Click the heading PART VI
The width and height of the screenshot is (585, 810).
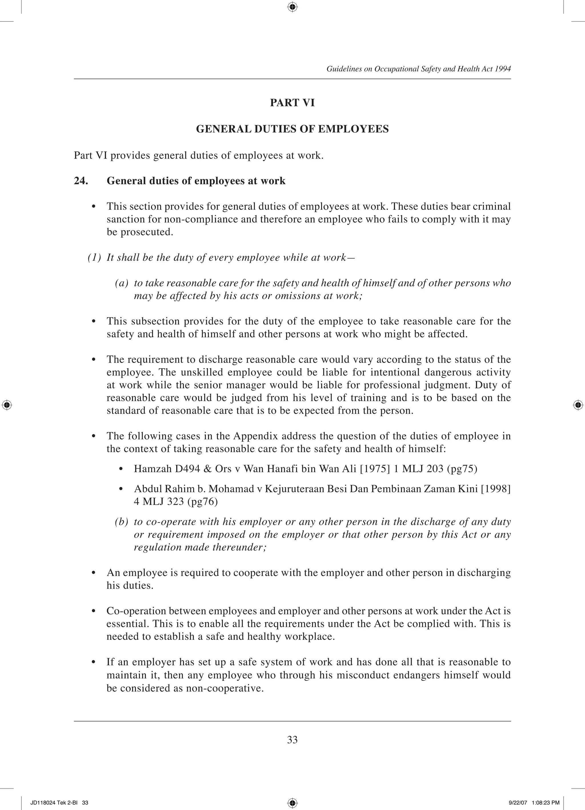(292, 103)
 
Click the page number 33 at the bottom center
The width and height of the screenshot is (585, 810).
(292, 740)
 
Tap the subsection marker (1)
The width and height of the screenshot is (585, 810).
(94, 257)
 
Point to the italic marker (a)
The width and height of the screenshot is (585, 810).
(121, 283)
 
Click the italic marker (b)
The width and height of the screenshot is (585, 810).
(121, 522)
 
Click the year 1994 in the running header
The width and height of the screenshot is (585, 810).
(503, 69)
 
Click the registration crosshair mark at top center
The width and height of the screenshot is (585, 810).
(292, 7)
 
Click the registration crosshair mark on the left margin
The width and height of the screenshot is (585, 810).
(7, 405)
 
